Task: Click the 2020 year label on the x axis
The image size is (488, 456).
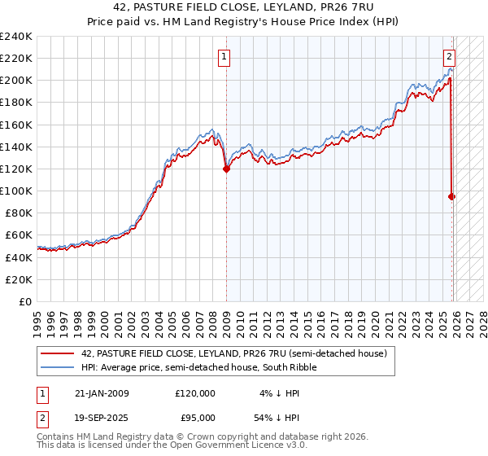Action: point(374,318)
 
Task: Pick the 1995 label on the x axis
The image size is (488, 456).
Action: point(37,318)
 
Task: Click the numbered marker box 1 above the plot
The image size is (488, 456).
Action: point(223,57)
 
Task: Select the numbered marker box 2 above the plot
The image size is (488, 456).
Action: point(449,57)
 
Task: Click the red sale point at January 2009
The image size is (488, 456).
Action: point(226,169)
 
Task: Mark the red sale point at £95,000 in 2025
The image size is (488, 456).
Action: point(452,196)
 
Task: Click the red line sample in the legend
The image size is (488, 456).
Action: point(58,353)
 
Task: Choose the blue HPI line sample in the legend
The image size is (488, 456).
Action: point(58,367)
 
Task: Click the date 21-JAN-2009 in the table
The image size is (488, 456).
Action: point(102,393)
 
